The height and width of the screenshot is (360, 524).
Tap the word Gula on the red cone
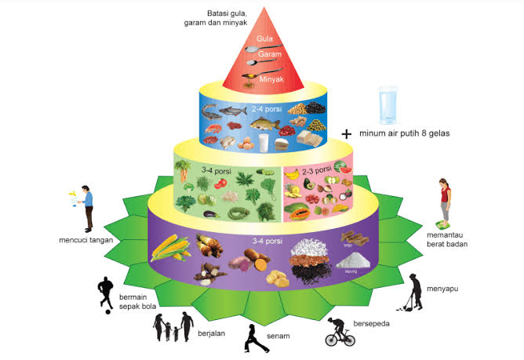(x=264, y=38)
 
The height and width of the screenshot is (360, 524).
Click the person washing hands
(x=85, y=205)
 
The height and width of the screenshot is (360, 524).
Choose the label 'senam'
(x=278, y=336)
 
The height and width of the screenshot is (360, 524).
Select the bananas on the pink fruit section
(x=293, y=173)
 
